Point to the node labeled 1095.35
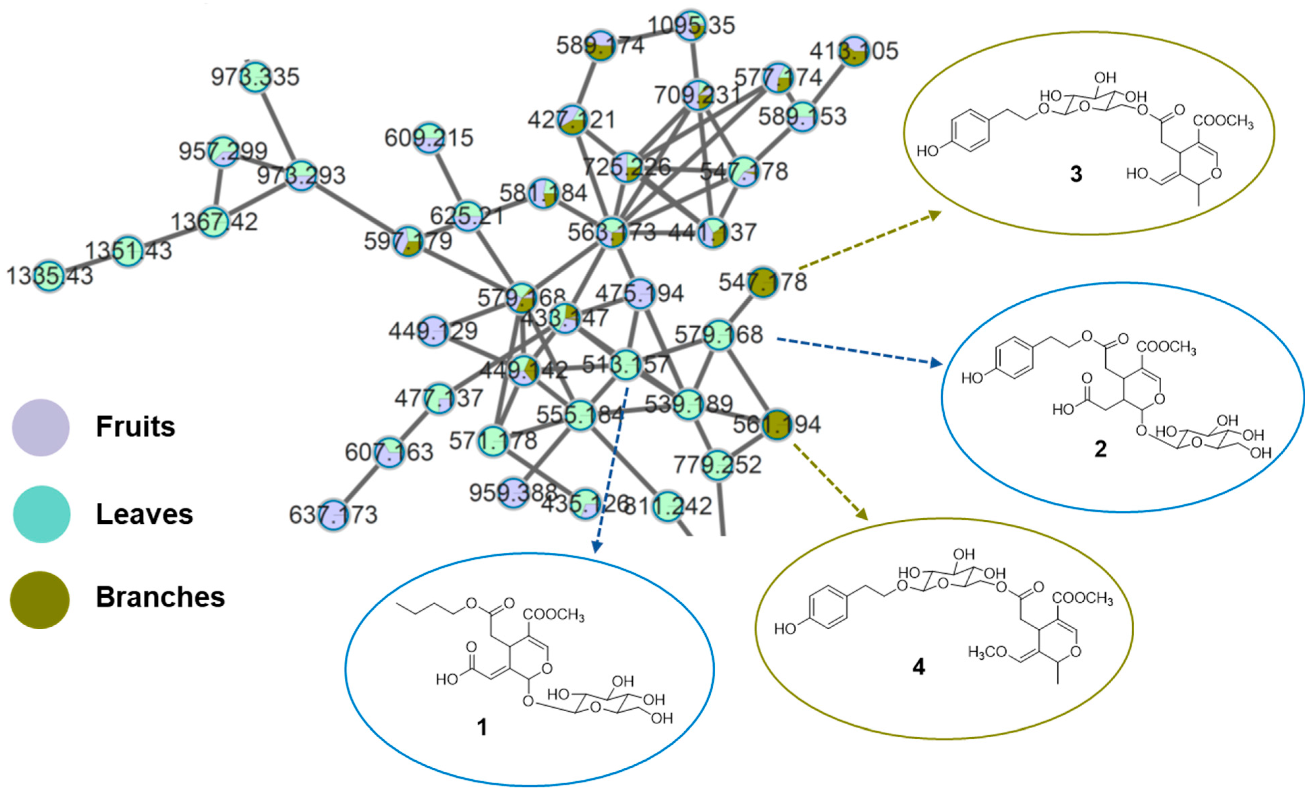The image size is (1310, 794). coord(691,25)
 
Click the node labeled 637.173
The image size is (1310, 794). coord(333,515)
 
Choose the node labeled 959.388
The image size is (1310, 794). coord(513,492)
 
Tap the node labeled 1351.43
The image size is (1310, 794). coord(129,250)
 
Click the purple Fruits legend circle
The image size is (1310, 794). coord(41,428)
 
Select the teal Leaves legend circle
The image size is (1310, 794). coord(41,514)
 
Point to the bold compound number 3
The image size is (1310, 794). coord(1076,174)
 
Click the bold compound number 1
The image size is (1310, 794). coord(482,727)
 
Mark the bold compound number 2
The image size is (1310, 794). coord(1100,449)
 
